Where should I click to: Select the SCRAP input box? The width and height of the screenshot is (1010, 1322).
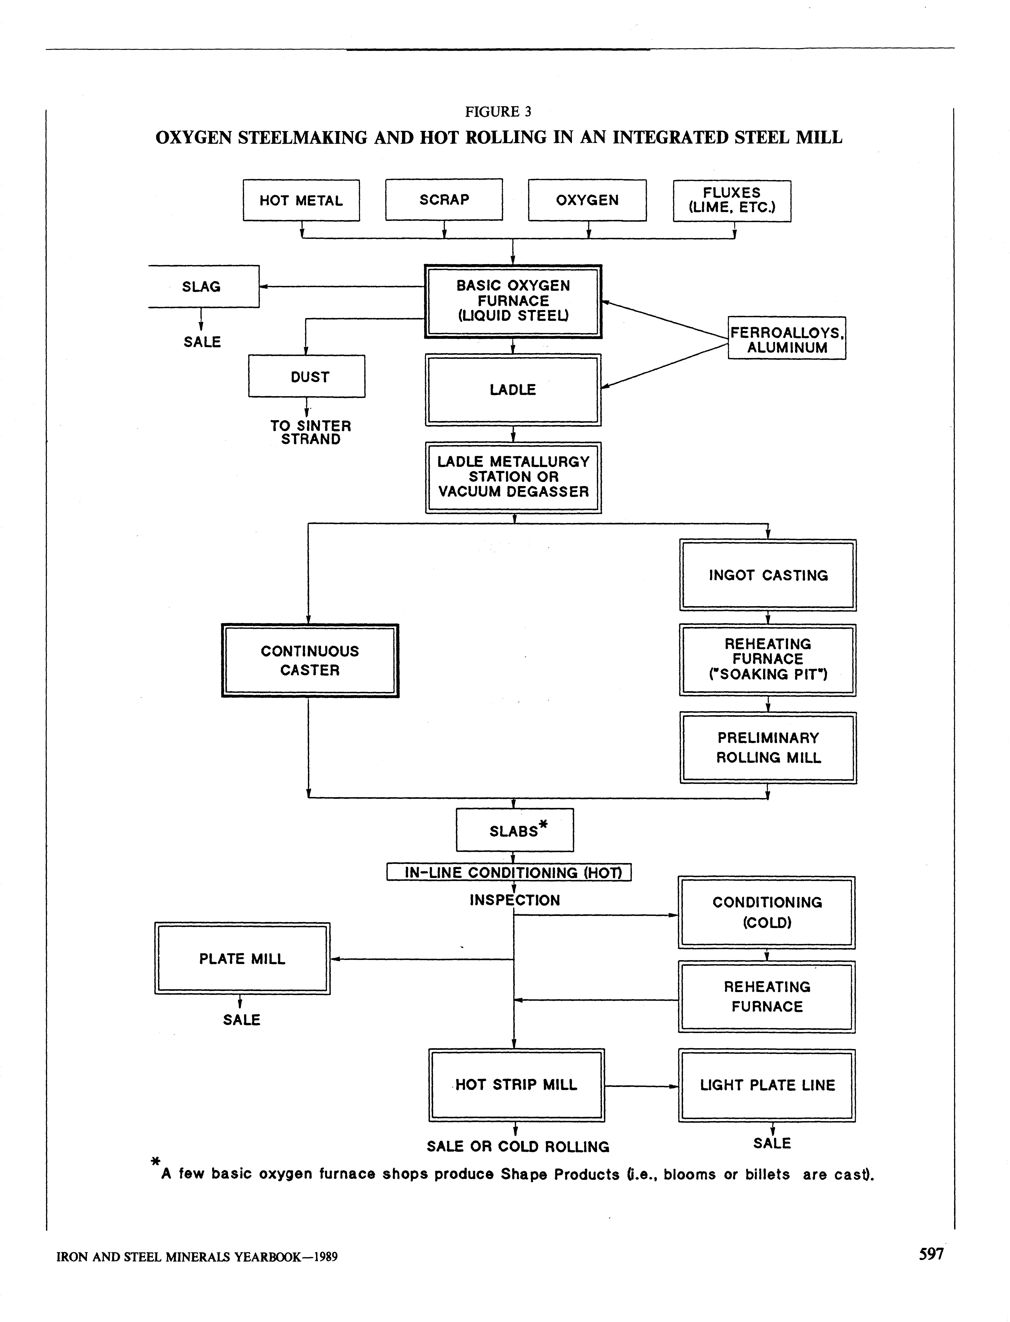(x=444, y=200)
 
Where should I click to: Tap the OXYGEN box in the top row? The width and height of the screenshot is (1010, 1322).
(x=587, y=200)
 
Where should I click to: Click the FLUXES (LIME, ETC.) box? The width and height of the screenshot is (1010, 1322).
(x=732, y=201)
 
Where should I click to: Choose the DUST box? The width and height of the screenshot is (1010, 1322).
(x=307, y=376)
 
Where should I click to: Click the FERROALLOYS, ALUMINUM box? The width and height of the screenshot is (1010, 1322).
(x=786, y=338)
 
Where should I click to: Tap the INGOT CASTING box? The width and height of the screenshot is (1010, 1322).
(x=768, y=575)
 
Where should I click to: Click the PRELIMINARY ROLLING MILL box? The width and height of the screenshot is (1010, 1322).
(x=768, y=748)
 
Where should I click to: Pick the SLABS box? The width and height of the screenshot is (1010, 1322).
(x=515, y=830)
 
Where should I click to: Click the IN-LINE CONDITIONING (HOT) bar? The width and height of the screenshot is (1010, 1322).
(x=509, y=872)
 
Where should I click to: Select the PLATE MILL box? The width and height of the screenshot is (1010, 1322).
(x=242, y=959)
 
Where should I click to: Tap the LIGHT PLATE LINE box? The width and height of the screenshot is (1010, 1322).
(x=767, y=1085)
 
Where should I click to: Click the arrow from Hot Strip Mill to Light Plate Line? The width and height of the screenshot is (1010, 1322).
(x=641, y=1086)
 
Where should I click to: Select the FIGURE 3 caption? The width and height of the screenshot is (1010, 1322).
(x=498, y=112)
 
